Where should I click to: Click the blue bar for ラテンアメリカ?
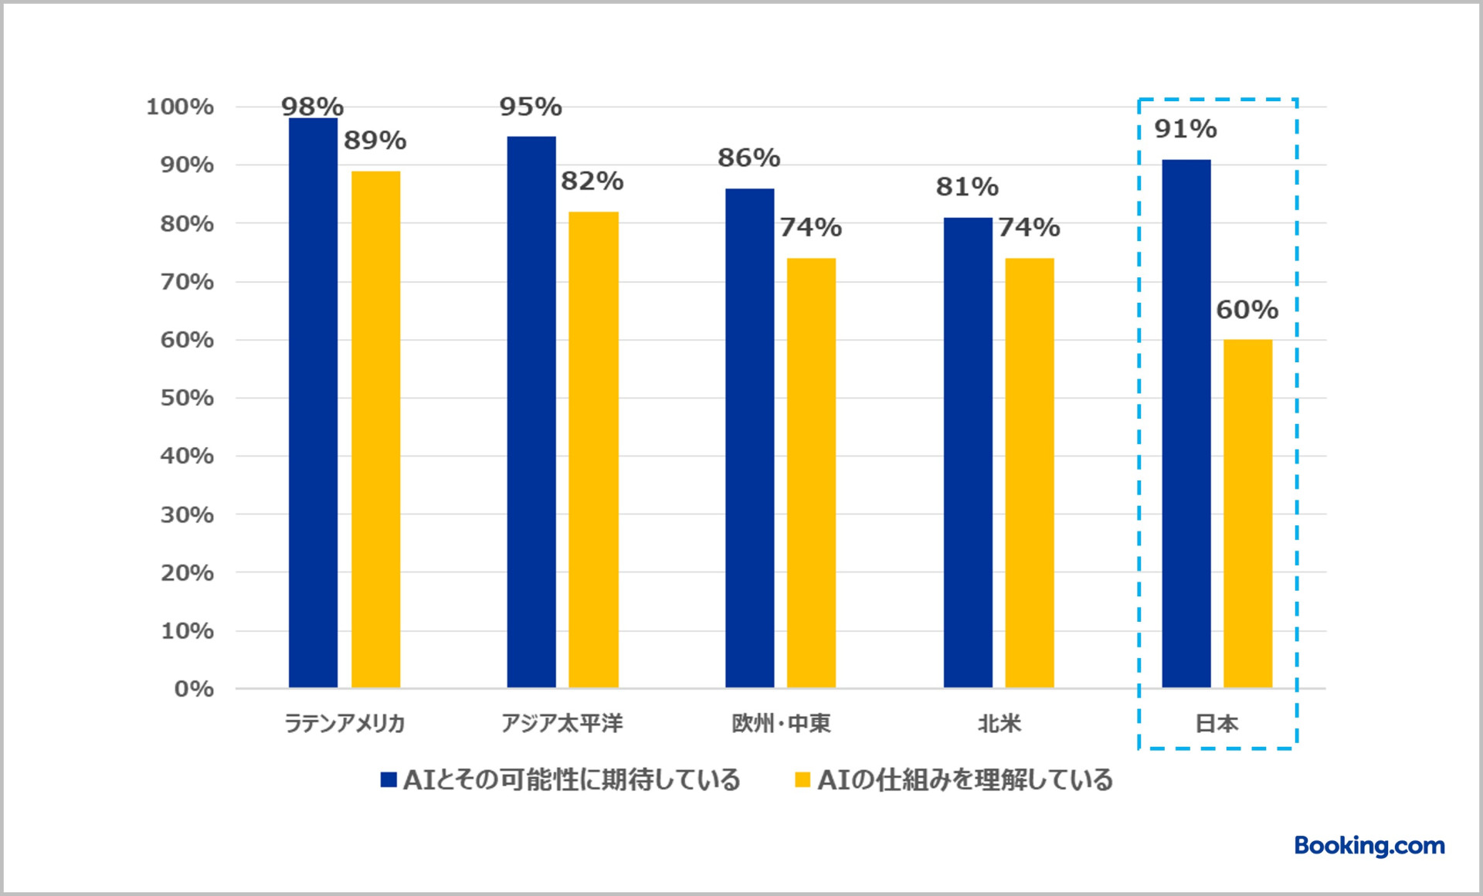pyautogui.click(x=313, y=402)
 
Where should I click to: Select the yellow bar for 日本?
pyautogui.click(x=1247, y=514)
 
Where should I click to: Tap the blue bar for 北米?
pyautogui.click(x=967, y=453)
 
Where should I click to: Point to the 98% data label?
pyautogui.click(x=312, y=106)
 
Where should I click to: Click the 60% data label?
pyautogui.click(x=1247, y=310)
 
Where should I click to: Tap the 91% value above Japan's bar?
pyautogui.click(x=1185, y=129)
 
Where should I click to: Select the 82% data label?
pyautogui.click(x=592, y=181)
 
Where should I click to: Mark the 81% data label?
pyautogui.click(x=966, y=187)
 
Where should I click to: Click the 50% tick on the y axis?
pyautogui.click(x=187, y=398)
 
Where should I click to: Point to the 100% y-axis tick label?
pyautogui.click(x=180, y=107)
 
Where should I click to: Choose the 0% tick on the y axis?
pyautogui.click(x=194, y=689)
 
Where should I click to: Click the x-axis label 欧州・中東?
pyautogui.click(x=781, y=724)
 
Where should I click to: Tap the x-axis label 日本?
pyautogui.click(x=1217, y=724)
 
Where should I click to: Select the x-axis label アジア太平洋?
pyautogui.click(x=562, y=724)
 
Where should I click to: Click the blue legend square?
pyautogui.click(x=389, y=780)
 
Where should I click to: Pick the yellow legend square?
pyautogui.click(x=803, y=780)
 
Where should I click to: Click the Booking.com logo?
pyautogui.click(x=1369, y=846)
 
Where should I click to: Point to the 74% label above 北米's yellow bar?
pyautogui.click(x=1029, y=227)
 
